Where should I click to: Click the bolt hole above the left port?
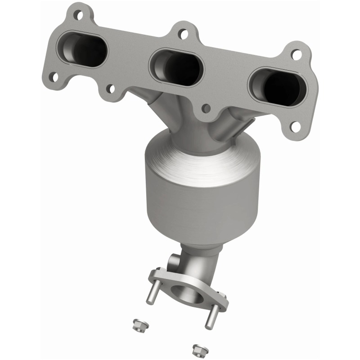pos(79,15)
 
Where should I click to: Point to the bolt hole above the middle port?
pos(182,33)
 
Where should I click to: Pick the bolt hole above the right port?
pos(296,54)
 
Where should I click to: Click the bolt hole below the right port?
pos(295,126)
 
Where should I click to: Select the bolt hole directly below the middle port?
pos(206,108)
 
